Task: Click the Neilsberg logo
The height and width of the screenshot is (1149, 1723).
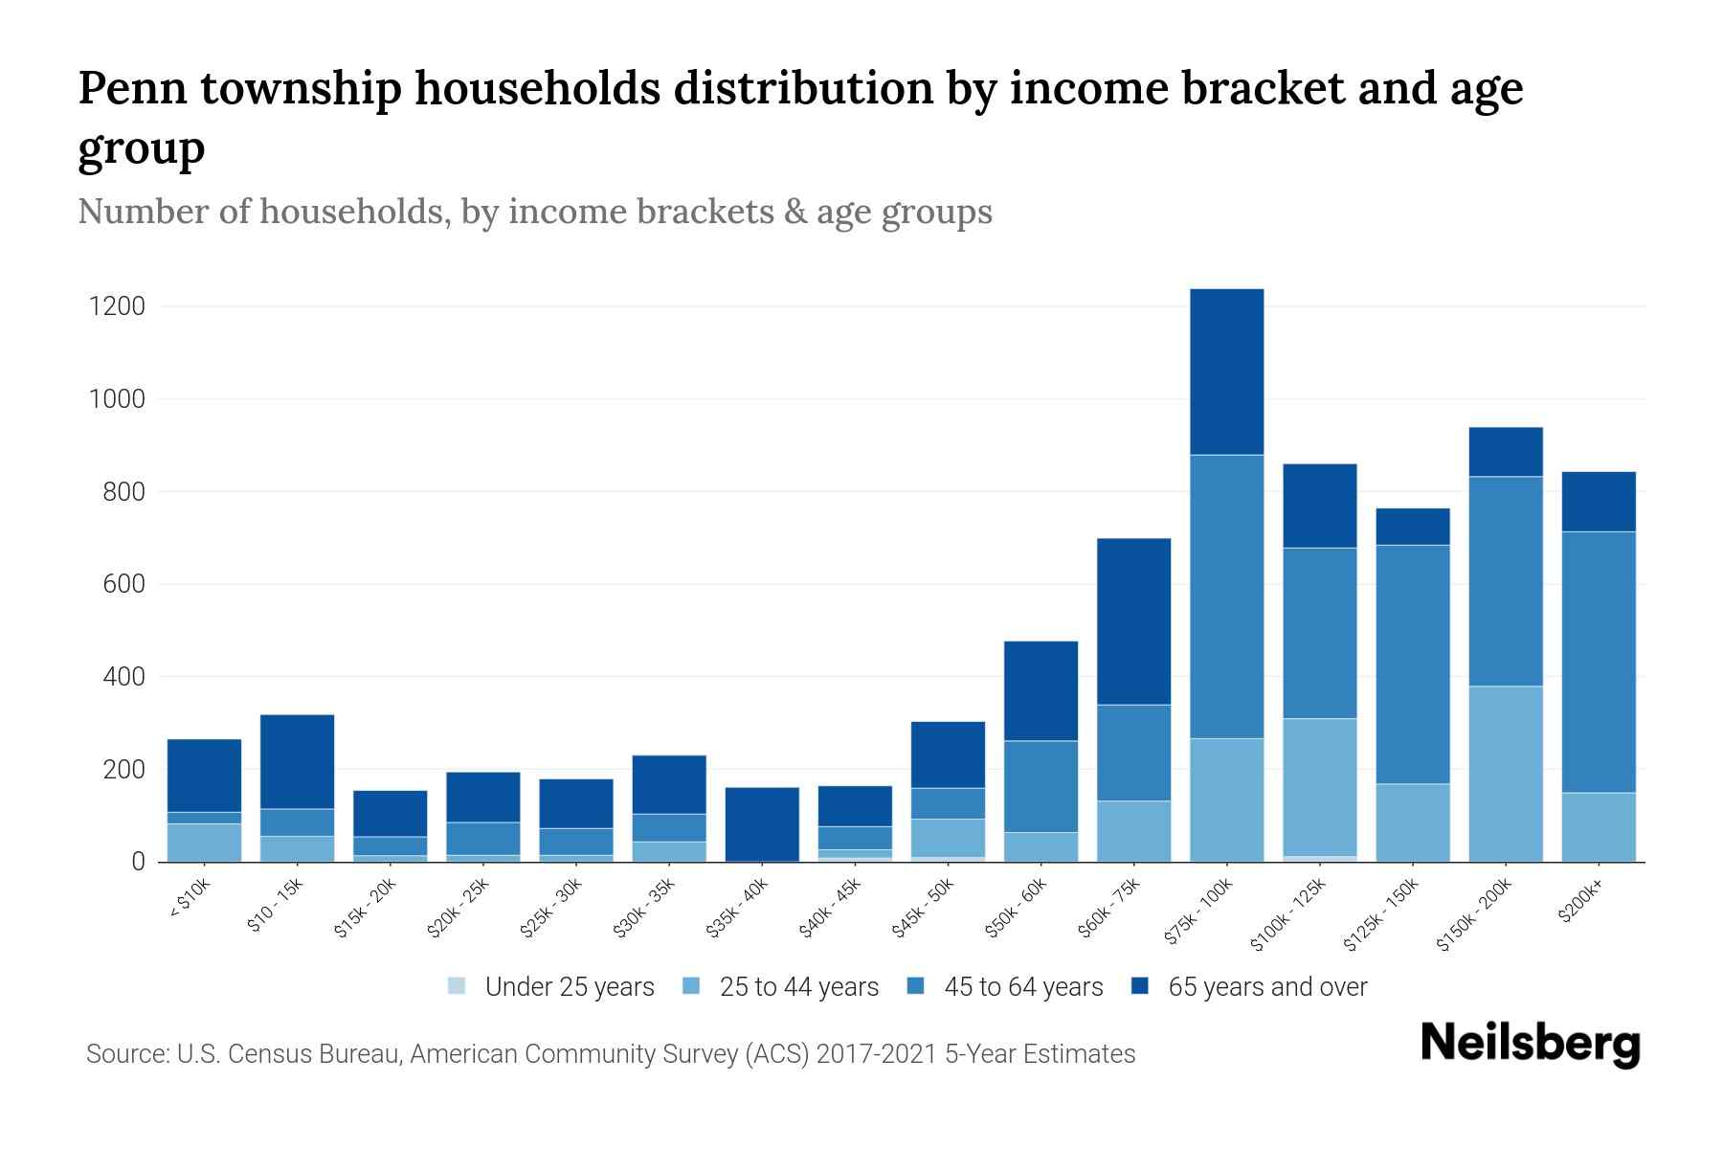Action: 1530,1044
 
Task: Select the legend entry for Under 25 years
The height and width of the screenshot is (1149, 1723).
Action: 551,987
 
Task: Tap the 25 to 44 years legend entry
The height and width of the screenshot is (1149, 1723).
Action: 784,987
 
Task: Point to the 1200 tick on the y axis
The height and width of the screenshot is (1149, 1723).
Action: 117,306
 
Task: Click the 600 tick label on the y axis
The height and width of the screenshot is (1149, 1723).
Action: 124,584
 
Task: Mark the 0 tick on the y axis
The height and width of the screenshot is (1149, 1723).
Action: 139,862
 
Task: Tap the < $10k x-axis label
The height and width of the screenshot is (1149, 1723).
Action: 190,898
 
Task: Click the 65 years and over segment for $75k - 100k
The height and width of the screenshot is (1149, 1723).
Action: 1226,372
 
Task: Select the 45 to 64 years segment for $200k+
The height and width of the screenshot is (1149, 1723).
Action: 1599,662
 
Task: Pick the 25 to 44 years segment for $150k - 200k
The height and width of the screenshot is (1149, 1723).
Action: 1506,774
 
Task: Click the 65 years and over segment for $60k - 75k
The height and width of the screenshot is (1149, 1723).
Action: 1133,621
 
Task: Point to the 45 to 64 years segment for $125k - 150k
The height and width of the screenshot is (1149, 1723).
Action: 1413,665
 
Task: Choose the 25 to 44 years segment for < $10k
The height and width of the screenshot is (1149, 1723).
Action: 204,843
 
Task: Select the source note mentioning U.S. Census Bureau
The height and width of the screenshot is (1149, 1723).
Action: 611,1054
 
